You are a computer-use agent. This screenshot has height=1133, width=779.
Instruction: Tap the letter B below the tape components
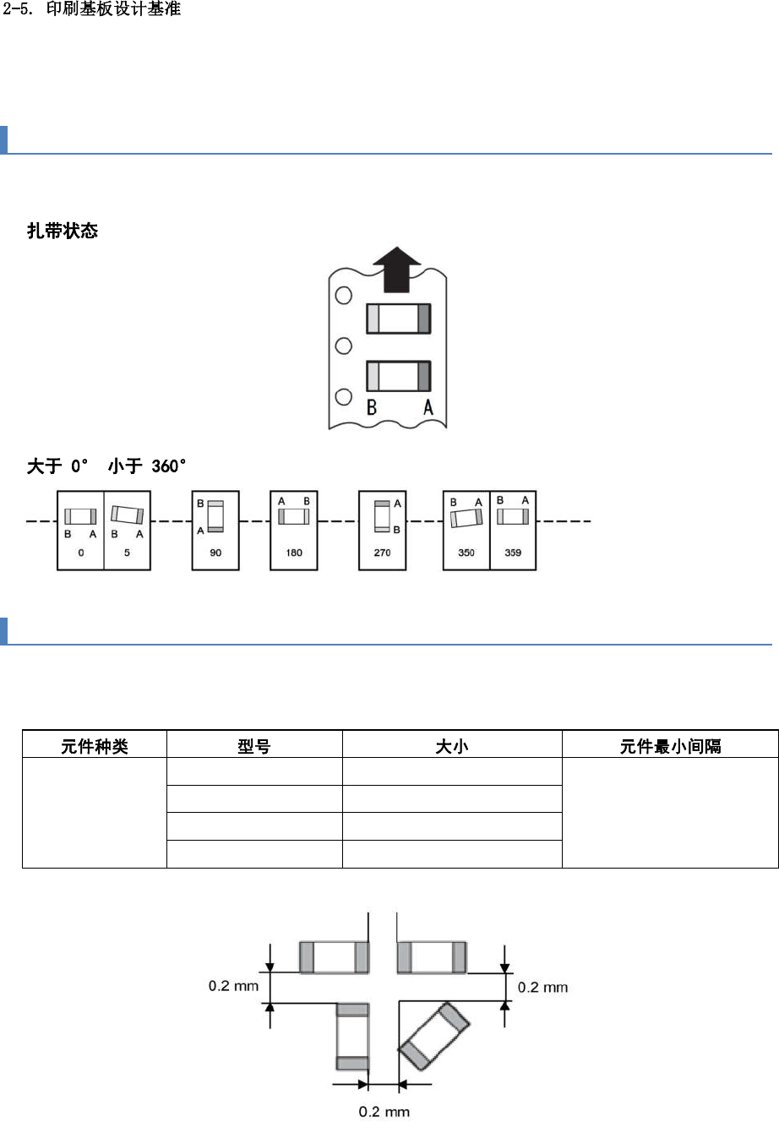(370, 408)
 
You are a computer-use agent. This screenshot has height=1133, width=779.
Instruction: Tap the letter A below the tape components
(428, 408)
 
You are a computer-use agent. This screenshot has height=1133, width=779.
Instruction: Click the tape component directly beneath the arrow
(399, 319)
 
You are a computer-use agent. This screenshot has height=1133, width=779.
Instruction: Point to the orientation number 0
(80, 553)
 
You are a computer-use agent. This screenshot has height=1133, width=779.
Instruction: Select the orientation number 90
(215, 553)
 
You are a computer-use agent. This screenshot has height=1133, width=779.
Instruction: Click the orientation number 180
(294, 553)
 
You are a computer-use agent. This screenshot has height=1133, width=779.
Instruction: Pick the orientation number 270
(383, 553)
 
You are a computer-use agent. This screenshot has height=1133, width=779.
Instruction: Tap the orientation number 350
(466, 553)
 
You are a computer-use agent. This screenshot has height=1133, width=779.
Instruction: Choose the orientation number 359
(513, 553)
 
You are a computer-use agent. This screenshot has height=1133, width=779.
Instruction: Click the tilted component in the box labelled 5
(128, 515)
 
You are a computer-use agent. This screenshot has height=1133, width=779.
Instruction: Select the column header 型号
(254, 747)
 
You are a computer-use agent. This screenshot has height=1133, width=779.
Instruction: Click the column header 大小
(452, 747)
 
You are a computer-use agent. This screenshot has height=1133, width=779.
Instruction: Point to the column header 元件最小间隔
(670, 747)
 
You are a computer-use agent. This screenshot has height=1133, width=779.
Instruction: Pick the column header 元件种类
(95, 747)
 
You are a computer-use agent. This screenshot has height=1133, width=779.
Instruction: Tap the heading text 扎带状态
(63, 231)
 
